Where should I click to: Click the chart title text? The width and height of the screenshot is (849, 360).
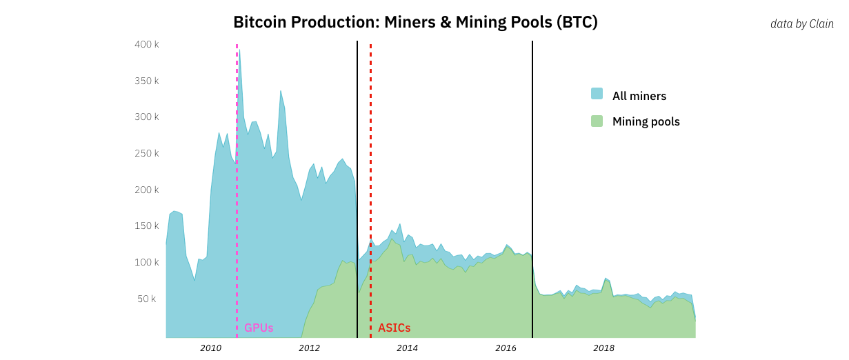click(415, 22)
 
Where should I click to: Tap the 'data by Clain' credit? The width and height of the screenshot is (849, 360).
click(801, 24)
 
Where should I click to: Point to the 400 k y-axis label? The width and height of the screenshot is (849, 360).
click(148, 44)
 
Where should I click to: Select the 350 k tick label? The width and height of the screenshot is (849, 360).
click(148, 81)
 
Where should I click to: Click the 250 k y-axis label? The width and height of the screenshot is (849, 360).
click(148, 153)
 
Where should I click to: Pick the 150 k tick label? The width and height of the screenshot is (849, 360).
click(148, 226)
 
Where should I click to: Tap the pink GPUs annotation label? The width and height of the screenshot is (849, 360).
click(259, 328)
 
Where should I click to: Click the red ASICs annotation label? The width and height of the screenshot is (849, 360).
click(394, 328)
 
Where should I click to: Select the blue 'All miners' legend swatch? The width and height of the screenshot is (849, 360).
click(597, 94)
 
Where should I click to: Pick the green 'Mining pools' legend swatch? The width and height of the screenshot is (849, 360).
click(597, 121)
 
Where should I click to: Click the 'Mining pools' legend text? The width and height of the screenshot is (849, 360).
click(646, 122)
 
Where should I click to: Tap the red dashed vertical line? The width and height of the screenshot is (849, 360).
click(370, 138)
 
